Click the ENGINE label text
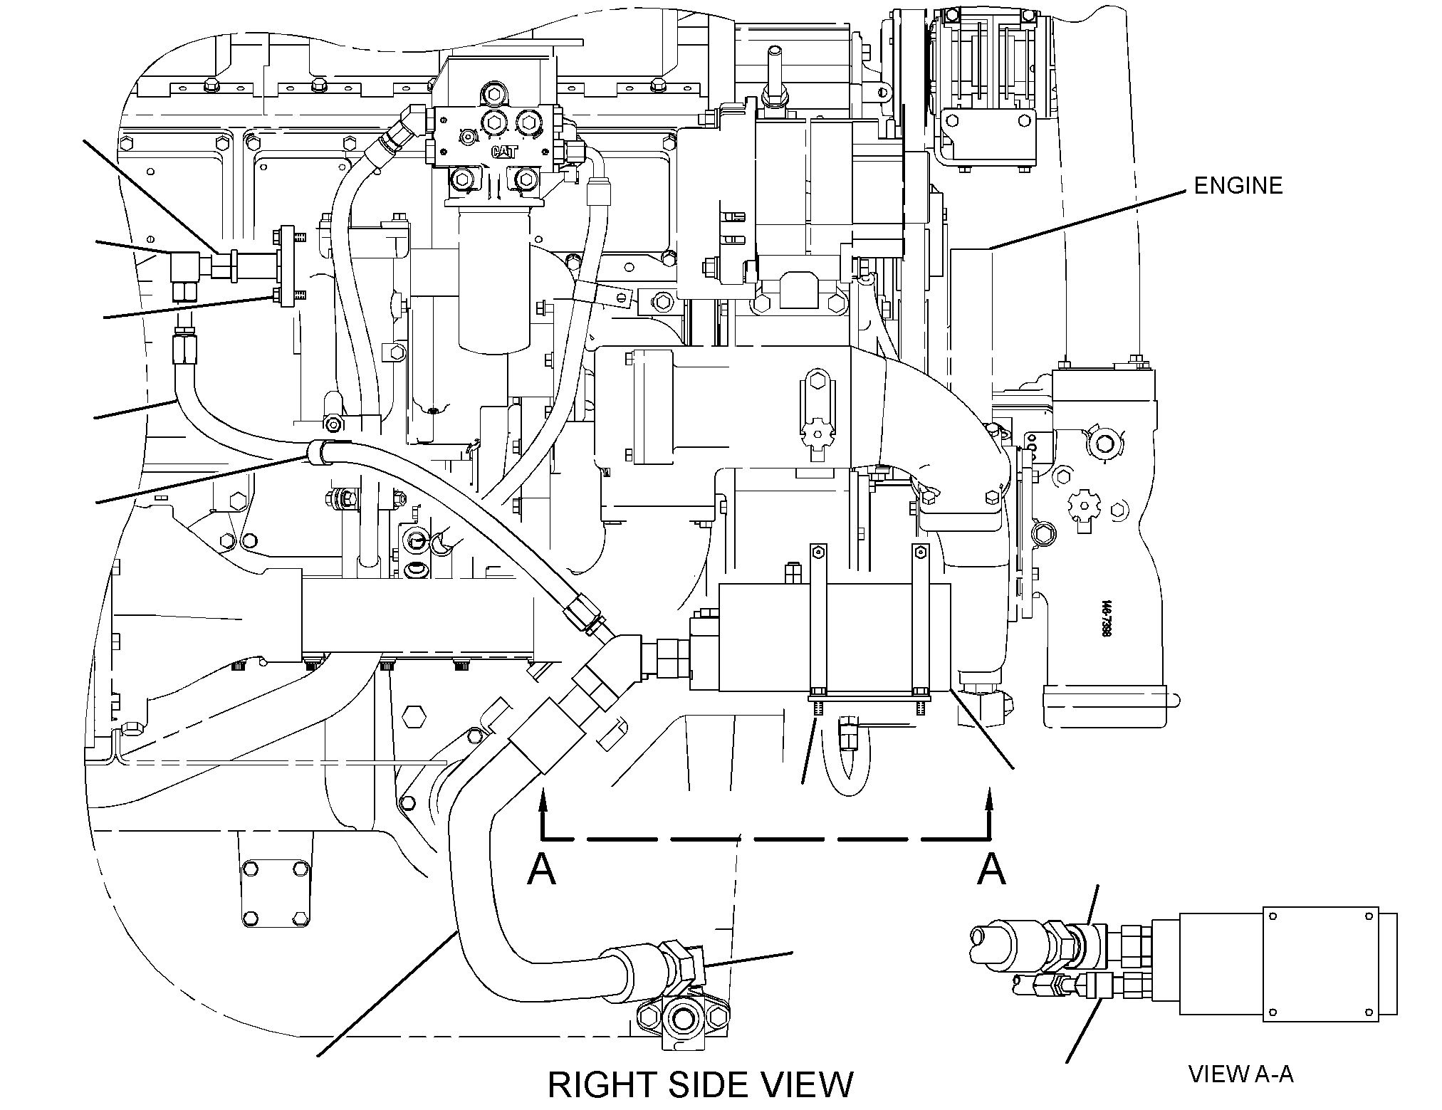click(1238, 186)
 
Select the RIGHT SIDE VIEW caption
click(701, 1085)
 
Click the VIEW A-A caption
click(1241, 1074)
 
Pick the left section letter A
click(541, 869)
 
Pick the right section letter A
click(992, 869)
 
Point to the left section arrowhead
click(543, 803)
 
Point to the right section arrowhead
click(989, 803)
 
